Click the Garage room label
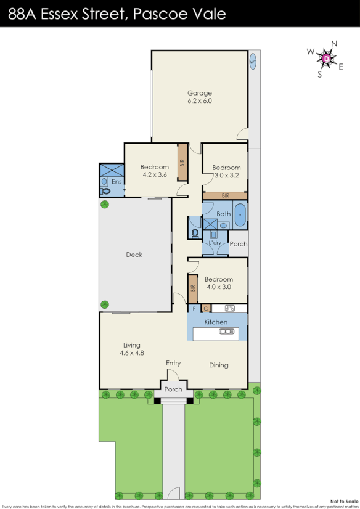(200, 93)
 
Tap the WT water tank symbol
(253, 62)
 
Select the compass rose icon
(327, 59)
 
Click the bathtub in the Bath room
(239, 216)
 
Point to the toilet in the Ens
(104, 192)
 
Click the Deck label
(134, 254)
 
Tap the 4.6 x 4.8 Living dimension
(131, 353)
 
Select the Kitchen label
(216, 322)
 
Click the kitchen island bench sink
(227, 332)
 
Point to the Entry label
(173, 364)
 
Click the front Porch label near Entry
(173, 389)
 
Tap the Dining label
(219, 365)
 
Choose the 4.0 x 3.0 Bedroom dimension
(219, 287)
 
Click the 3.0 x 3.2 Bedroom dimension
(226, 175)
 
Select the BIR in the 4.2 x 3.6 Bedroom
(182, 163)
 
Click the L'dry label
(215, 243)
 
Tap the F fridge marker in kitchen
(195, 308)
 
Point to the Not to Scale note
(344, 501)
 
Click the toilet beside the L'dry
(195, 234)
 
